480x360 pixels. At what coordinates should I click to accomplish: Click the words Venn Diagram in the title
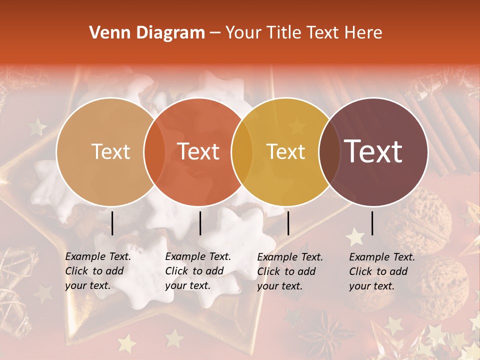[x=147, y=33]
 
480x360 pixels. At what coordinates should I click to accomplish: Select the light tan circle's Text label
[x=110, y=151]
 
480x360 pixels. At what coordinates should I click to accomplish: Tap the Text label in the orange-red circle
[x=198, y=151]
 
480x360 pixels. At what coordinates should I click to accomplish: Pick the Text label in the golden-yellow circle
[x=286, y=151]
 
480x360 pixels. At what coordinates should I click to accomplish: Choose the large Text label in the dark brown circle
[x=373, y=151]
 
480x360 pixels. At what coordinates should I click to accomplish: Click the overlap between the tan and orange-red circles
[x=154, y=151]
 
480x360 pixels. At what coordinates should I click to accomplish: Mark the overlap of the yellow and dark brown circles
[x=329, y=151]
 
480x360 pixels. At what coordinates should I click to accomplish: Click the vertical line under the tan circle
[x=112, y=223]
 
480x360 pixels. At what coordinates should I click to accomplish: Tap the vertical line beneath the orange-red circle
[x=200, y=223]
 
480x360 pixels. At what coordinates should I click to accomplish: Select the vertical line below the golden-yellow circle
[x=288, y=223]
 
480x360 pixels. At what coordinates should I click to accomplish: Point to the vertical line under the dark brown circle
[x=372, y=223]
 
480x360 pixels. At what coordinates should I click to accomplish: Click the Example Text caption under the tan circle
[x=98, y=271]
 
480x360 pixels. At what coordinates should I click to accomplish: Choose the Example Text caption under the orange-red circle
[x=198, y=271]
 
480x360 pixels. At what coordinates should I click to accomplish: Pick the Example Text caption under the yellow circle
[x=290, y=271]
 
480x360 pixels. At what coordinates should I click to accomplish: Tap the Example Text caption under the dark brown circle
[x=382, y=271]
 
